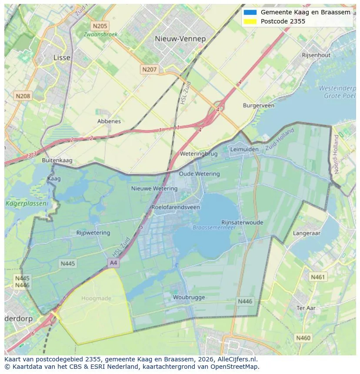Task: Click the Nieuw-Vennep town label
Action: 180,39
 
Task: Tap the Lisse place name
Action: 61,57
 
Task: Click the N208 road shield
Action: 23,96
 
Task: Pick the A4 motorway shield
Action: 113,263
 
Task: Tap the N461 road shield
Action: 317,277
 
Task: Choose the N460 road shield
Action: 303,338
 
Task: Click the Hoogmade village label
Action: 96,298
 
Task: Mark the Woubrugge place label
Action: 189,298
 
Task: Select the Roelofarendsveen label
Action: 176,207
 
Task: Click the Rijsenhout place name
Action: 316,55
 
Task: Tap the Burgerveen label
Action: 259,106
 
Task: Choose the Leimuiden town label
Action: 244,149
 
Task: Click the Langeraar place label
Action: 307,233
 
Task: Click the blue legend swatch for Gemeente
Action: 250,12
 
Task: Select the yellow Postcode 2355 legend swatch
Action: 250,21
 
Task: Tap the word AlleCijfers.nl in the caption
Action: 237,360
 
